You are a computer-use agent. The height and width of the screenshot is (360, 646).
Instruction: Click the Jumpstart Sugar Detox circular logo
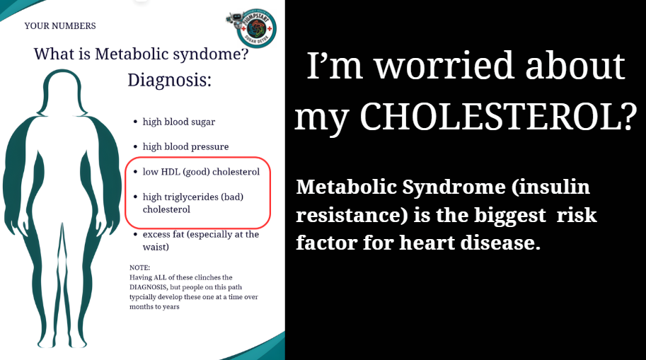point(256,28)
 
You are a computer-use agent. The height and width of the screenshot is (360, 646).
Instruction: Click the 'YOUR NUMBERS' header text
point(60,26)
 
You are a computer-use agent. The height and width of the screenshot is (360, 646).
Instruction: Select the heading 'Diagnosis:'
point(169,79)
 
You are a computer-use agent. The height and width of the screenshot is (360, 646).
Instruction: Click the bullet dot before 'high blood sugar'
point(135,122)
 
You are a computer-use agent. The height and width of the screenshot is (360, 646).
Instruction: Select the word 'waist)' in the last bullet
point(156,247)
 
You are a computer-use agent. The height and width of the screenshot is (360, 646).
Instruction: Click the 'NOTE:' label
point(139,268)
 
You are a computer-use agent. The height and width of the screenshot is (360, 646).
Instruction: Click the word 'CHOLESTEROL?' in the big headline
point(499,117)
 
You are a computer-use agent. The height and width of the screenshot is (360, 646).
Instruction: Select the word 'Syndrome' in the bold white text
point(454,188)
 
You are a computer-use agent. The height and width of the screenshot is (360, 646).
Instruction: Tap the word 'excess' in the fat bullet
point(156,234)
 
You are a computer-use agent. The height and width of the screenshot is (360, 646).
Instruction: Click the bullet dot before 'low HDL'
point(135,172)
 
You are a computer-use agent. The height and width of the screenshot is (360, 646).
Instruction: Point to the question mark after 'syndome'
point(244,54)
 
